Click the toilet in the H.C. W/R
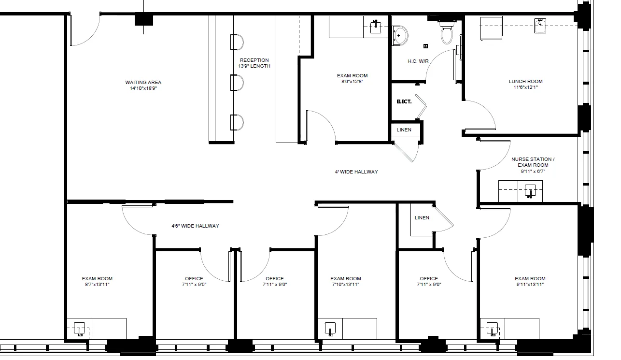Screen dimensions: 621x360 447,32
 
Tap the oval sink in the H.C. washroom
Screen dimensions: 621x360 400,35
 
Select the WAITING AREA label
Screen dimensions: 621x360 143,82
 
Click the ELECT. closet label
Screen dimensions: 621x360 404,101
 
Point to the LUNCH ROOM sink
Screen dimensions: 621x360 540,26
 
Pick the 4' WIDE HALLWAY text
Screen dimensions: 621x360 356,172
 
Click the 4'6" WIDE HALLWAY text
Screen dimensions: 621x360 195,226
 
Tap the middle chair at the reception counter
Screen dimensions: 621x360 237,82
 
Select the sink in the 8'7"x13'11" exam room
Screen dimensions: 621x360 80,329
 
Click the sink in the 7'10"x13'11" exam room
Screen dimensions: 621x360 330,329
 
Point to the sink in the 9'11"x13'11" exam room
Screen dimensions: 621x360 493,329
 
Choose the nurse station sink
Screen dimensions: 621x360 530,191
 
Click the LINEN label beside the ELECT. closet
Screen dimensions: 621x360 404,130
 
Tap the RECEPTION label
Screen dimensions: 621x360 254,60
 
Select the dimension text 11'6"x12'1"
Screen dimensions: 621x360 526,87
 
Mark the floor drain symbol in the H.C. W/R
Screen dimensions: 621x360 425,46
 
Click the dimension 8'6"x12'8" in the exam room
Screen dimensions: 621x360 352,82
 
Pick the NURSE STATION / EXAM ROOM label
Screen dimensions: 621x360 533,162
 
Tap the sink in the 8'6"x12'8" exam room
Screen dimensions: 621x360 376,27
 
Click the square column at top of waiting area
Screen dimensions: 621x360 143,20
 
